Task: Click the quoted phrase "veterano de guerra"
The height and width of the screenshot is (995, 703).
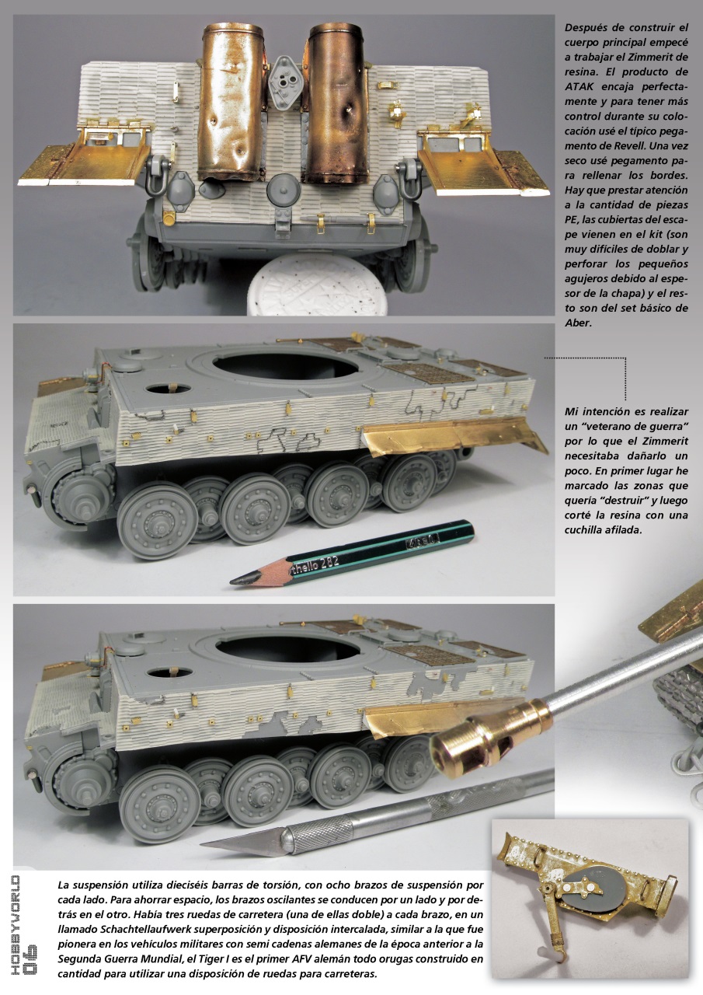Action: tap(628, 429)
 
